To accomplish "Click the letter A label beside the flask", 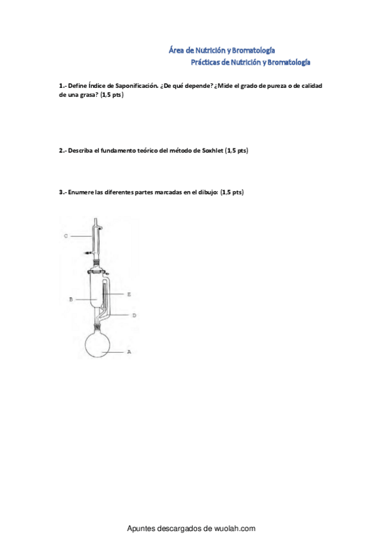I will click(x=129, y=351).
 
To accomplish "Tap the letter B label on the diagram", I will click(x=70, y=299).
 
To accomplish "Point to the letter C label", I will click(x=66, y=236).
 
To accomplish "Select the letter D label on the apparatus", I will click(x=133, y=315).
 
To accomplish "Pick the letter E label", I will click(x=129, y=295).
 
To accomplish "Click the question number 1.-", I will click(x=62, y=85).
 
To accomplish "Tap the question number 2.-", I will click(x=62, y=151).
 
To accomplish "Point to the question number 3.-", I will click(x=62, y=192).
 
